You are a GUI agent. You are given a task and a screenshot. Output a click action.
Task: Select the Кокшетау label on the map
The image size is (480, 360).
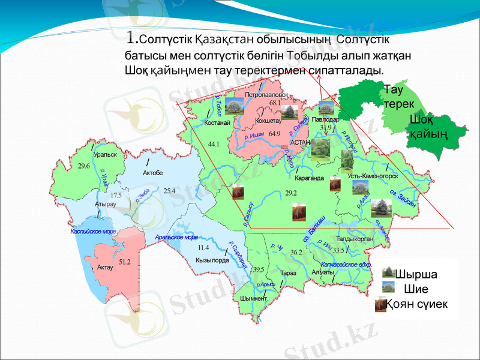268,121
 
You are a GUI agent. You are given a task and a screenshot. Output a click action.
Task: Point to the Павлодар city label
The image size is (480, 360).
325,119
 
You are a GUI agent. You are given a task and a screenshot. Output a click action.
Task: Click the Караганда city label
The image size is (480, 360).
310,178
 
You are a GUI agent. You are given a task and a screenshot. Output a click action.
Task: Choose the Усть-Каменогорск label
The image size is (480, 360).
373,176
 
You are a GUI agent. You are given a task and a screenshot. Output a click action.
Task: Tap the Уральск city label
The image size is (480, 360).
105,154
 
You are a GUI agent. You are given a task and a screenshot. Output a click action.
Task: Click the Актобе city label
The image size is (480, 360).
153,173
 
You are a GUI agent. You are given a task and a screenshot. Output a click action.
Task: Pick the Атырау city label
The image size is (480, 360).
106,204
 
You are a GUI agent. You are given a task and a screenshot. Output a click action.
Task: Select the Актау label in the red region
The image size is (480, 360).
105,266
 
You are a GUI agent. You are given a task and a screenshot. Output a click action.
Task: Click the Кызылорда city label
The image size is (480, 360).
212,260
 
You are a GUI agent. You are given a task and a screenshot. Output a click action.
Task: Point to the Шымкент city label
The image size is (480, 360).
253,298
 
